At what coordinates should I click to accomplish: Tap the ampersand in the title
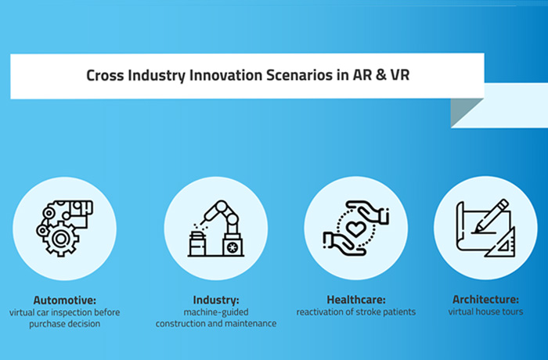click(x=381, y=75)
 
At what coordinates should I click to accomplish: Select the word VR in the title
click(x=400, y=75)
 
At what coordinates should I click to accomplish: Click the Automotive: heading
click(x=65, y=300)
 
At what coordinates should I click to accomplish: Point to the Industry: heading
click(x=216, y=300)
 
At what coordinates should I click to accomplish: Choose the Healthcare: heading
click(x=356, y=300)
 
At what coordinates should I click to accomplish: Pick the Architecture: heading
click(x=486, y=299)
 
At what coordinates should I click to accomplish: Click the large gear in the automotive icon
click(x=61, y=239)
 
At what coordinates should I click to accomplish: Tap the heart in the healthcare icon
click(x=355, y=229)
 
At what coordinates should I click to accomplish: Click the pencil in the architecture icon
click(x=490, y=216)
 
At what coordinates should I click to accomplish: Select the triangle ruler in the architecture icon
click(x=500, y=242)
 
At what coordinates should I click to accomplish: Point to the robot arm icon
click(x=216, y=229)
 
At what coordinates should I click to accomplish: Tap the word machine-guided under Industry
click(x=216, y=312)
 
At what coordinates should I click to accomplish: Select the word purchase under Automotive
click(x=45, y=324)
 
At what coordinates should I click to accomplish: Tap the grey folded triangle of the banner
click(x=462, y=110)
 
